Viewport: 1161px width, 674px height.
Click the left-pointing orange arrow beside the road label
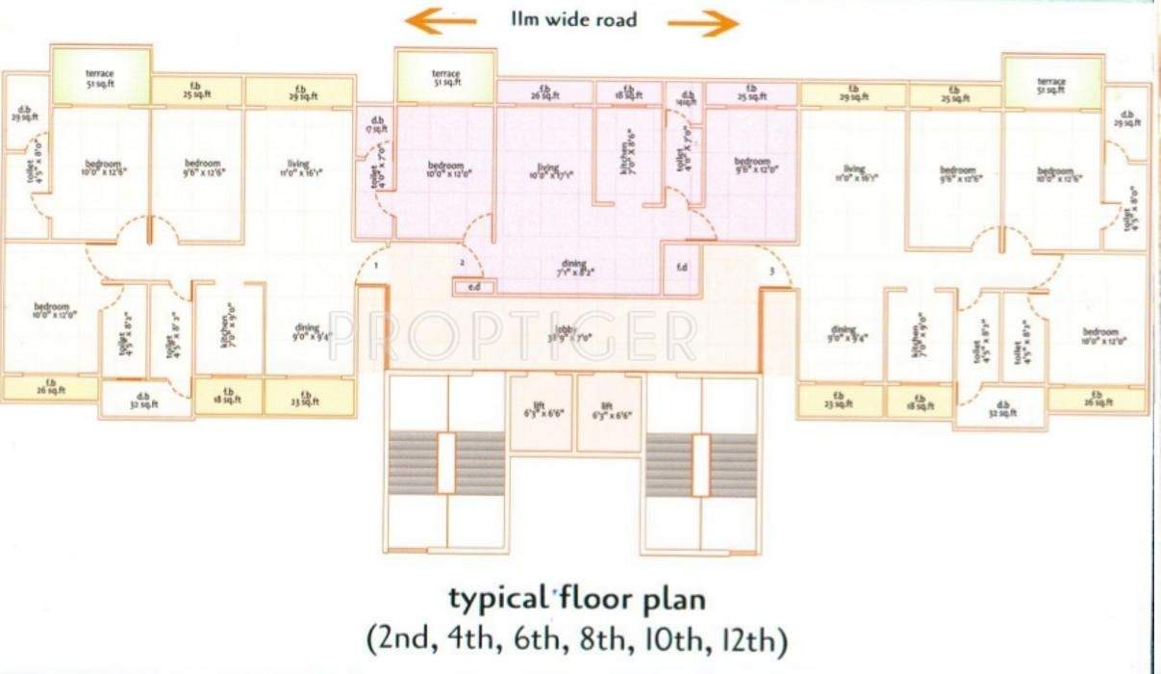tap(440, 20)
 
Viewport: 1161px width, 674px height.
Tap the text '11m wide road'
tap(574, 18)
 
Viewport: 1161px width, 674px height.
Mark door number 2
tap(463, 262)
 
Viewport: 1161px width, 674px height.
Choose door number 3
tap(770, 272)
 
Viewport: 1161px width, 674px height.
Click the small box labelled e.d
tap(473, 287)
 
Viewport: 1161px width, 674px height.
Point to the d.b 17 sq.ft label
tap(375, 123)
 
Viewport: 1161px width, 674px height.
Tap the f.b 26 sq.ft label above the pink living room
tap(544, 92)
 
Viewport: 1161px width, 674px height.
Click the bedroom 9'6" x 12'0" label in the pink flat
tap(752, 165)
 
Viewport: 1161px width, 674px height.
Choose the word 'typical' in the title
tap(496, 599)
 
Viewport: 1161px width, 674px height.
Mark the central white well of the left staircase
tap(446, 464)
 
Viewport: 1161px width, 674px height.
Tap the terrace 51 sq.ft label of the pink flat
tap(445, 77)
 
